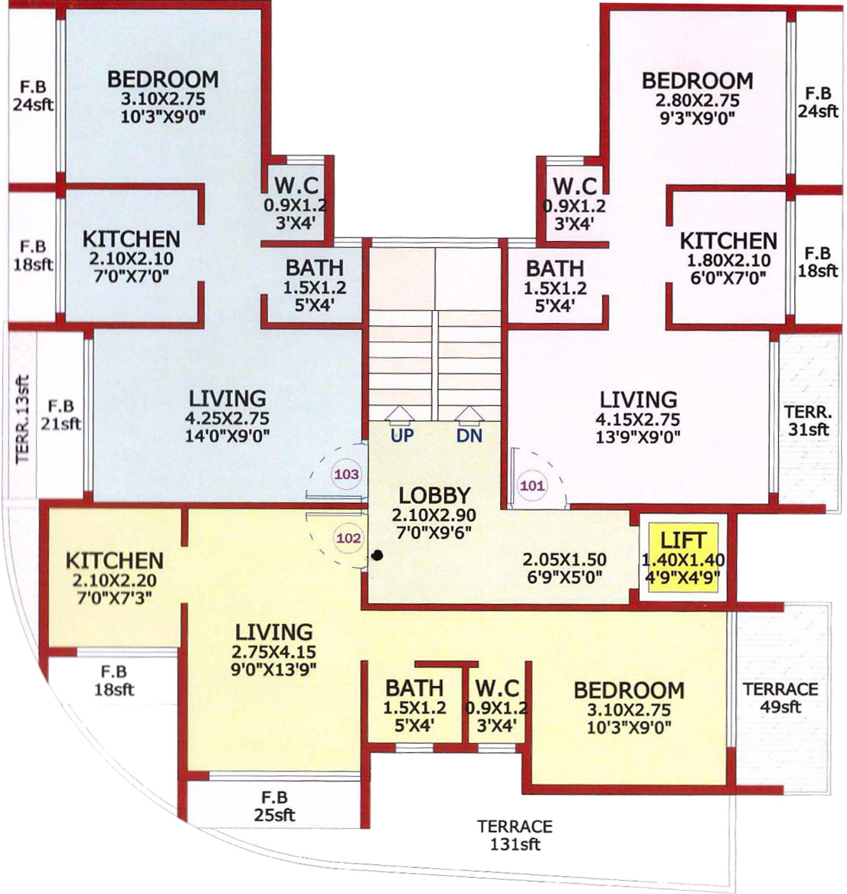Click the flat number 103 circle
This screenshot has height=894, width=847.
point(347,474)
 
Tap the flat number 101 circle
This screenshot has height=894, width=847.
point(532,486)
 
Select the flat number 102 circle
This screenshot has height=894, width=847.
point(348,538)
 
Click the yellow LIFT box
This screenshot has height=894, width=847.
point(683,558)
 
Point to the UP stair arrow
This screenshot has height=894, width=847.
point(401,416)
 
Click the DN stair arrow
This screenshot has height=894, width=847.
point(469,416)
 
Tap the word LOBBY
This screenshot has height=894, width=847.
point(435,495)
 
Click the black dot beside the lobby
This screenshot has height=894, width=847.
point(377,556)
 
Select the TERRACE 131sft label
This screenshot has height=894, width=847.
point(515,835)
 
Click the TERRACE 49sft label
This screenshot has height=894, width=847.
point(780,697)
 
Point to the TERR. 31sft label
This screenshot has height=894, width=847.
point(808,420)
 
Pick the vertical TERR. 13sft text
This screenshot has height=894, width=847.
point(21,419)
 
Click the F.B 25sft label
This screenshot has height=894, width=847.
point(274,806)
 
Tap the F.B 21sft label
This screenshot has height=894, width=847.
point(60,415)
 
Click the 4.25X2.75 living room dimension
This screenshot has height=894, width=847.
point(227,418)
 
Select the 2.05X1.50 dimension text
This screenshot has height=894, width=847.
point(564,560)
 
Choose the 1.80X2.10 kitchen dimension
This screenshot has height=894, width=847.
point(728,260)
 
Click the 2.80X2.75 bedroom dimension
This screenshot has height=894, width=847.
point(697,100)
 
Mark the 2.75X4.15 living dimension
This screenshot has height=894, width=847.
point(273,651)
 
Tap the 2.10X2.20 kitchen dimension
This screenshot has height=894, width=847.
point(114,580)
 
